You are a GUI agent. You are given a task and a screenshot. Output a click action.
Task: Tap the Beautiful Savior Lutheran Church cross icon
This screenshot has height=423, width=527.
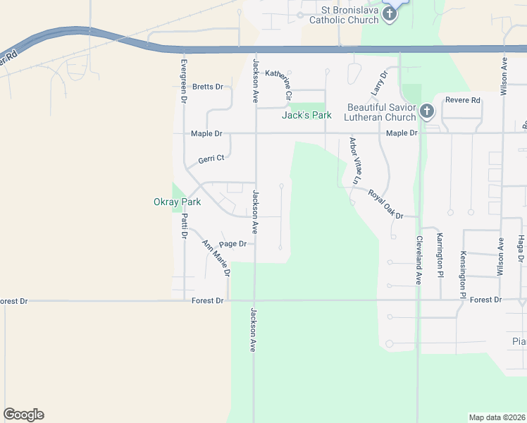tap(426, 111)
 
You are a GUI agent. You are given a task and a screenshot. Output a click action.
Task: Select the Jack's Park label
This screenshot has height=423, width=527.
tap(306, 115)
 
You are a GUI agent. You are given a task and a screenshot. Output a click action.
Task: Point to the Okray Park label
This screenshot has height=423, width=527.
tap(177, 202)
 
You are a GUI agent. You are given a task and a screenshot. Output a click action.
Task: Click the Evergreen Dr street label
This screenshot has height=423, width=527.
tap(183, 78)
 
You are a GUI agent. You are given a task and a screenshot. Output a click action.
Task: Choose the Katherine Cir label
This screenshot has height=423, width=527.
tap(287, 83)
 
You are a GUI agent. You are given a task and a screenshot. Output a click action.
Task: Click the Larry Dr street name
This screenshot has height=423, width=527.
tap(380, 83)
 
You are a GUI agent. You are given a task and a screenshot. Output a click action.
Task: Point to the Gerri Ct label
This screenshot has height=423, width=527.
tap(211, 159)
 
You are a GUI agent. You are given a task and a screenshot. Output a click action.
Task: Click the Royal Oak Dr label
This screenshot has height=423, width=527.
tap(385, 203)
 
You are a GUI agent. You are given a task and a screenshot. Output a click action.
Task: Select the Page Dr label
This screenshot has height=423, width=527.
tap(232, 244)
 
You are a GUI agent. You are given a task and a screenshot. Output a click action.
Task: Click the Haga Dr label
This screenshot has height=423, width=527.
tap(521, 250)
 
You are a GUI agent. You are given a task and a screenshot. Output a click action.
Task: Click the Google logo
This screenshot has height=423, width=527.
tap(23, 415)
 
